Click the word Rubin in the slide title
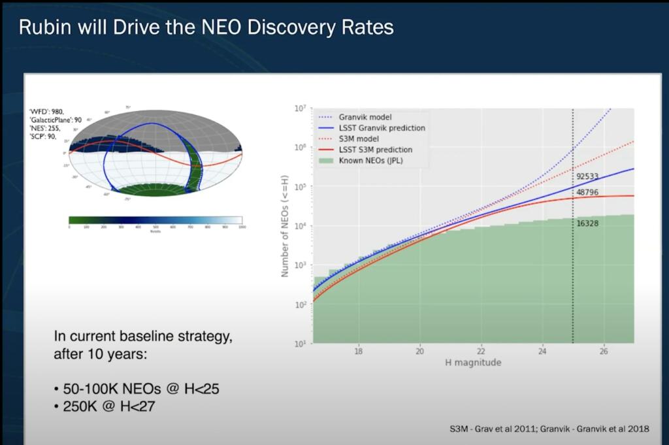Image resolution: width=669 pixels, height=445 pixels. click(x=42, y=27)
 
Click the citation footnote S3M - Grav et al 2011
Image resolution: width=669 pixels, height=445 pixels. click(x=497, y=429)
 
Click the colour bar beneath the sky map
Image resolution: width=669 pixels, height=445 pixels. click(x=155, y=220)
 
